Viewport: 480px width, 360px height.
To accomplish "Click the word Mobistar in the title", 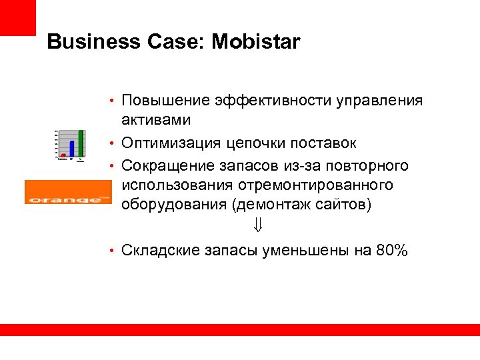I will [x=256, y=43].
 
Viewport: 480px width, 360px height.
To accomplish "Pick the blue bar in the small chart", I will [x=71, y=149].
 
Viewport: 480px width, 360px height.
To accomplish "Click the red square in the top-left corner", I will [x=17, y=17].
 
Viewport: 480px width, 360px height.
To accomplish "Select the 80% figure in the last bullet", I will [x=392, y=251].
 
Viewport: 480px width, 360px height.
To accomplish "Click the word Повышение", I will [x=165, y=101].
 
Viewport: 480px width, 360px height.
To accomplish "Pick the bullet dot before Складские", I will [x=113, y=251].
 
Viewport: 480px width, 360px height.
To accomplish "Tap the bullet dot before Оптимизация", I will [x=113, y=144].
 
